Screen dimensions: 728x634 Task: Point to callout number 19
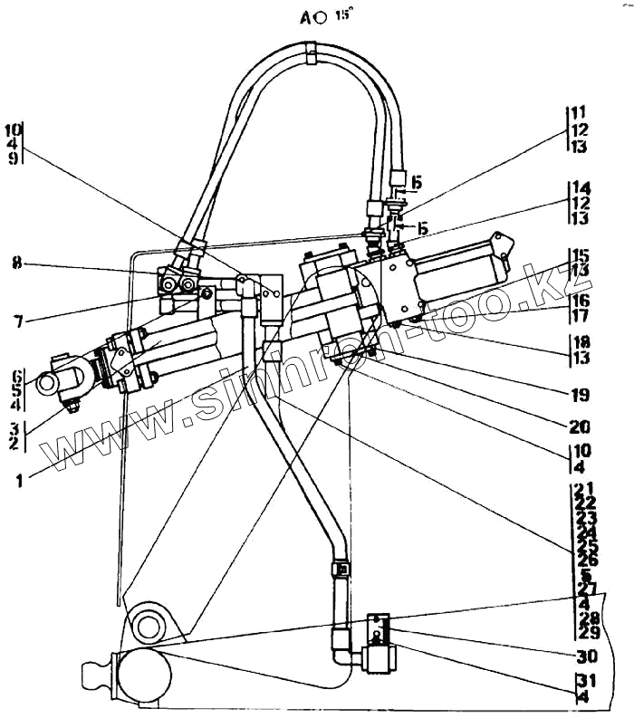pos(581,396)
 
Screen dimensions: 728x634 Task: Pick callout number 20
pos(581,426)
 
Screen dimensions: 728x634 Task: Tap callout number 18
pos(581,342)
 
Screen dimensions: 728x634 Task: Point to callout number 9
pos(14,157)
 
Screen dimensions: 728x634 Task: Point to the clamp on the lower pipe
pos(341,570)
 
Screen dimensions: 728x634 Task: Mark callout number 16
pos(581,300)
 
